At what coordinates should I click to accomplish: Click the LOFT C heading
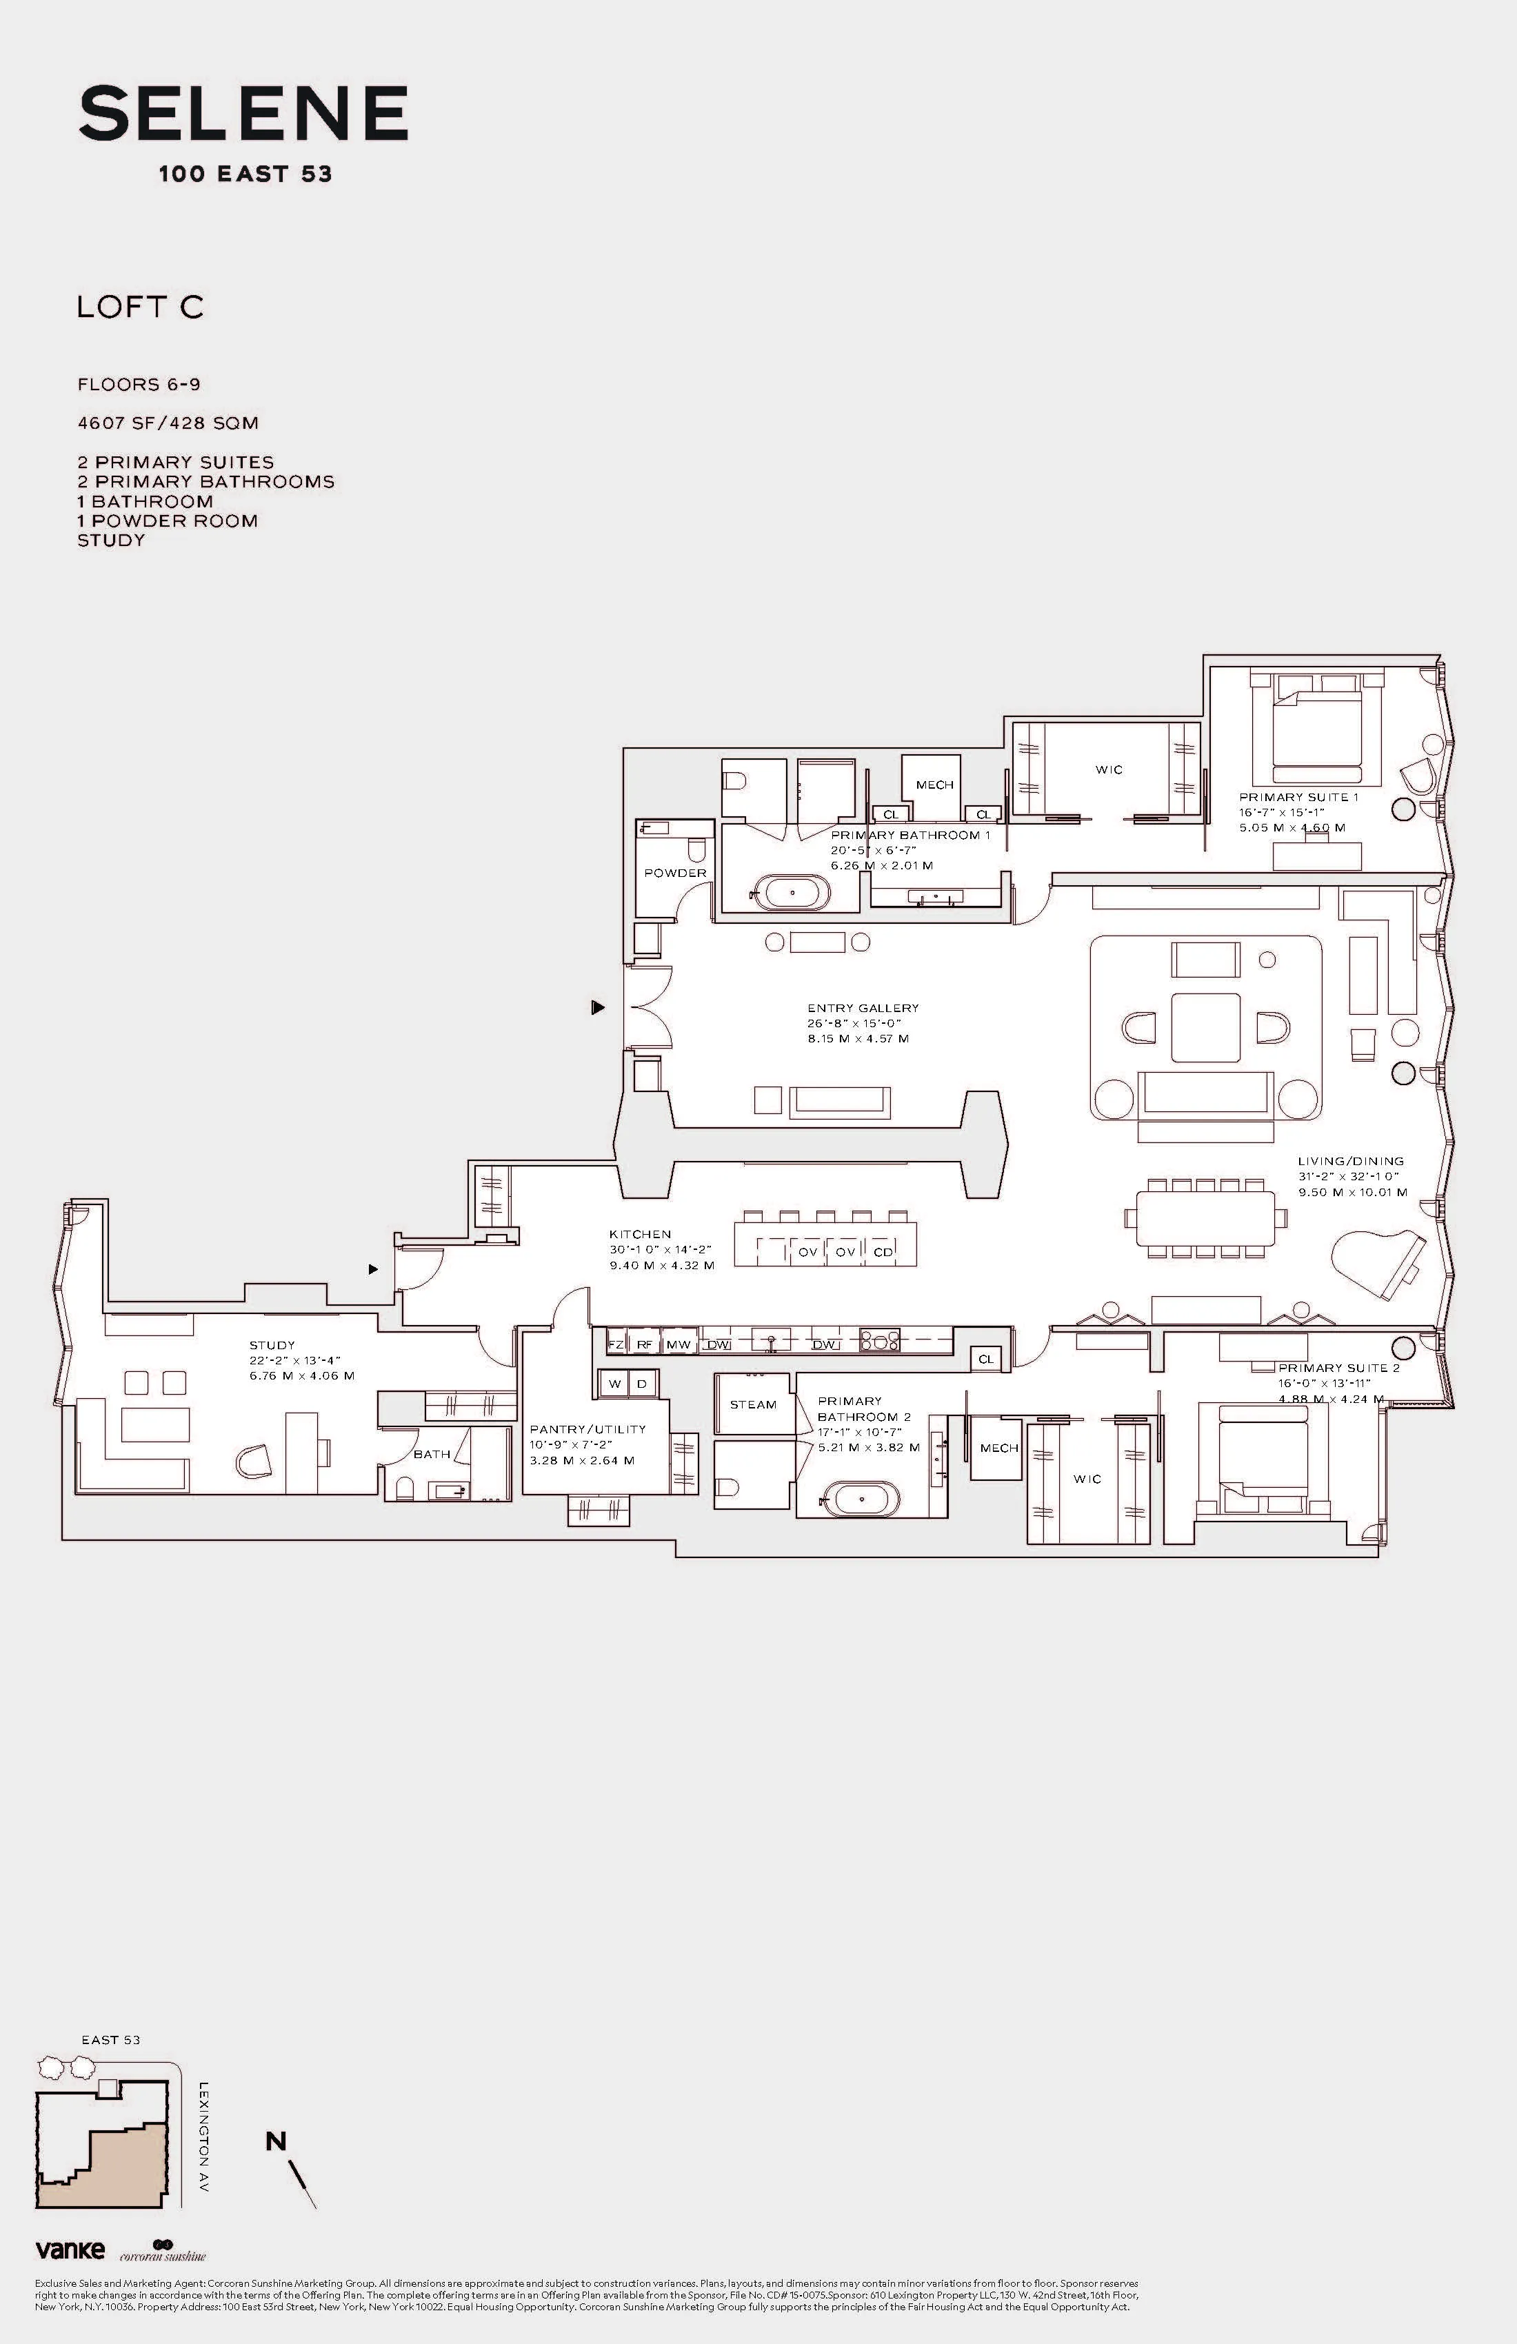click(140, 307)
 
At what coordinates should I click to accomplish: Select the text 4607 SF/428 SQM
click(168, 423)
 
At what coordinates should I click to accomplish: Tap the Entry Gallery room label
click(863, 1007)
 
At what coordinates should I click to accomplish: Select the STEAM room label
click(754, 1404)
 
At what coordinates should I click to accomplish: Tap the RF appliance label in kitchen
click(644, 1344)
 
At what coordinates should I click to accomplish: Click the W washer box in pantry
click(614, 1384)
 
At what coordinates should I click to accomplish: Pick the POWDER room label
click(676, 873)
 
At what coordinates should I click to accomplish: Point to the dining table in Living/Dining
click(1204, 1218)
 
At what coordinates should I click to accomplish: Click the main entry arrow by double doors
click(597, 1007)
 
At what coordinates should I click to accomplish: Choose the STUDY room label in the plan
click(272, 1344)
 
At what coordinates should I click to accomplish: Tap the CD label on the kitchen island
click(883, 1252)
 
